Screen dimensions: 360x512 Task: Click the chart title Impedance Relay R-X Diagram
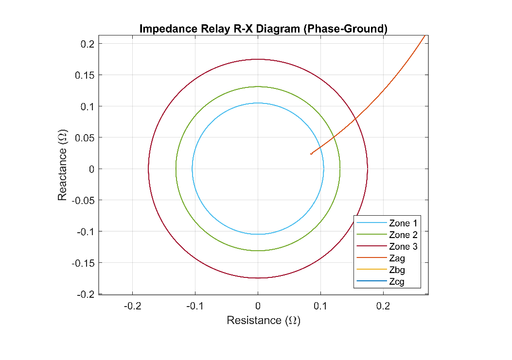[263, 29]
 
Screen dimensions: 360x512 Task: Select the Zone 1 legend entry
[403, 223]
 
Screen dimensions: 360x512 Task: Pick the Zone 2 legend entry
[403, 235]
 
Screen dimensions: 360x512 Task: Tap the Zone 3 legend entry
[403, 247]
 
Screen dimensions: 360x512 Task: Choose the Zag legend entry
[397, 258]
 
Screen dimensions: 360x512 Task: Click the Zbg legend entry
[397, 270]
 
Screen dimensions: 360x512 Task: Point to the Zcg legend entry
[397, 282]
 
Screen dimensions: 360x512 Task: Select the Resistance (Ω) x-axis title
[264, 320]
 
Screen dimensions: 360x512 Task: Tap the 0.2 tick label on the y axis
[88, 44]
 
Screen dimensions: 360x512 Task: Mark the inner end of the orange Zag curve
[311, 154]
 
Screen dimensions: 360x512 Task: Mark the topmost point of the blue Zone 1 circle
[258, 103]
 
